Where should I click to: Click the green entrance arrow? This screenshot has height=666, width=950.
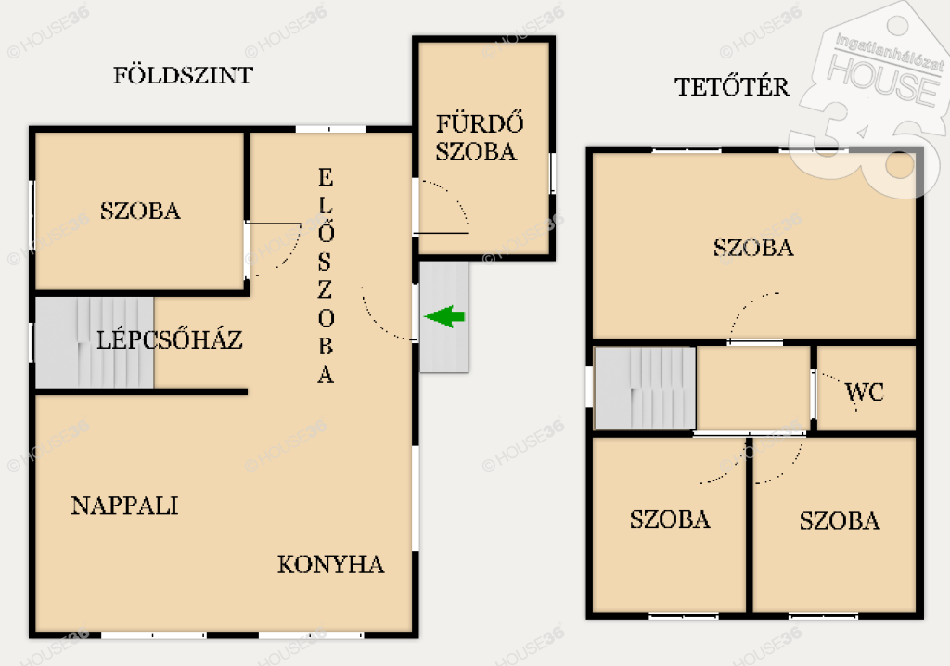[444, 316]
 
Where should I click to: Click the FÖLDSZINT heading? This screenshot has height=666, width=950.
[183, 75]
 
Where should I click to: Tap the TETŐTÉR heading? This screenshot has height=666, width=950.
[732, 86]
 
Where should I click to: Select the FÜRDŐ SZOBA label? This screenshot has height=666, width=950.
[480, 137]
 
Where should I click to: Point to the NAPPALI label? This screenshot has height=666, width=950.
[124, 506]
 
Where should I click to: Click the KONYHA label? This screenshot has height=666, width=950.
[331, 564]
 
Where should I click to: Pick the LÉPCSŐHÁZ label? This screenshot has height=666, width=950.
[170, 339]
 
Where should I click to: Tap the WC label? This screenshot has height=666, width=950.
[865, 392]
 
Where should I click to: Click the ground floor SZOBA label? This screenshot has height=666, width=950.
[140, 211]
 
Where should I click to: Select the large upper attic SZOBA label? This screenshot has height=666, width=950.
[753, 248]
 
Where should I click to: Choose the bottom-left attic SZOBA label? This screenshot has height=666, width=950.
[670, 519]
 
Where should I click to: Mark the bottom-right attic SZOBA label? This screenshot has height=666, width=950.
[839, 520]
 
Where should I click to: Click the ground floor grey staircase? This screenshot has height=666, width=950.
[95, 341]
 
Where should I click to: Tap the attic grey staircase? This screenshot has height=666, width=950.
[645, 388]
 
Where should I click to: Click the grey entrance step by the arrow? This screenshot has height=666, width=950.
[444, 316]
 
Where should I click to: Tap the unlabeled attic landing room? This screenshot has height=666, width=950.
[753, 388]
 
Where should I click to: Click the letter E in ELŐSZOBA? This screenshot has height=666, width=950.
[326, 177]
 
